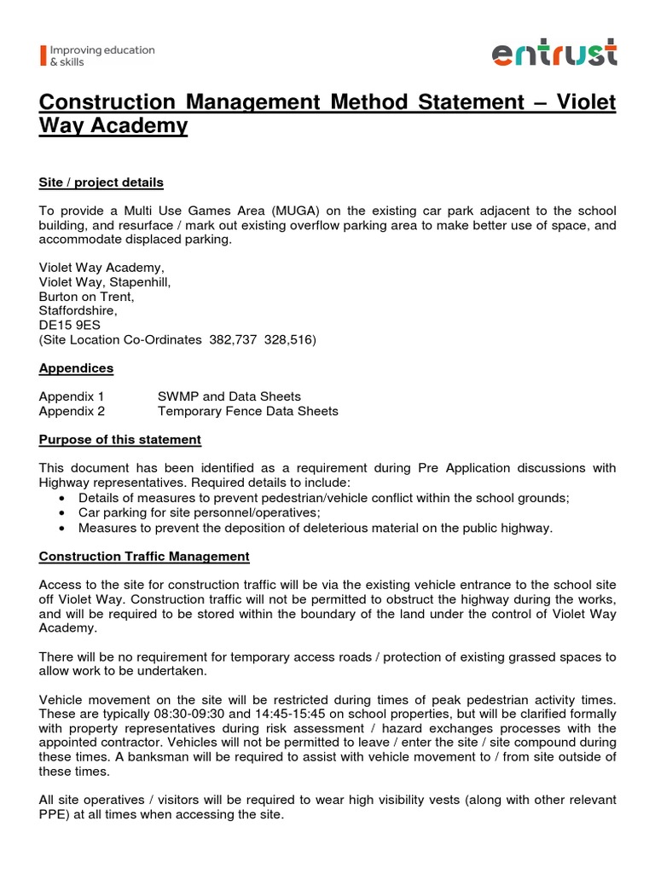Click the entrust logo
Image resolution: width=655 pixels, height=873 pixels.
click(554, 54)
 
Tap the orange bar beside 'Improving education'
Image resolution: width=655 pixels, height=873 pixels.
click(42, 55)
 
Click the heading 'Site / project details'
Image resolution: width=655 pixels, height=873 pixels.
click(101, 182)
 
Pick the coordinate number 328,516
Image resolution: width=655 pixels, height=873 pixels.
click(289, 340)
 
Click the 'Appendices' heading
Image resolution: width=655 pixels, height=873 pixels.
click(76, 368)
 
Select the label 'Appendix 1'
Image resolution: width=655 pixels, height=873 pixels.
click(72, 396)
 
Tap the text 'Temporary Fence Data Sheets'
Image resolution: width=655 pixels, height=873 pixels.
click(247, 411)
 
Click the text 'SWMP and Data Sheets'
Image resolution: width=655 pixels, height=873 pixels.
click(229, 396)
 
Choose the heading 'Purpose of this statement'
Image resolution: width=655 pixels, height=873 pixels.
click(120, 439)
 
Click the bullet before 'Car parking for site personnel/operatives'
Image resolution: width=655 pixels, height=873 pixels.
click(64, 512)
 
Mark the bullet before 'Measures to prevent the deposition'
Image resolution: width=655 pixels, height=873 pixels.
click(64, 528)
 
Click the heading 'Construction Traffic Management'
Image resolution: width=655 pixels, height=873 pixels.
click(144, 556)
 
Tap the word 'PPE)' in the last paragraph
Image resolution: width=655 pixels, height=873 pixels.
click(55, 814)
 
